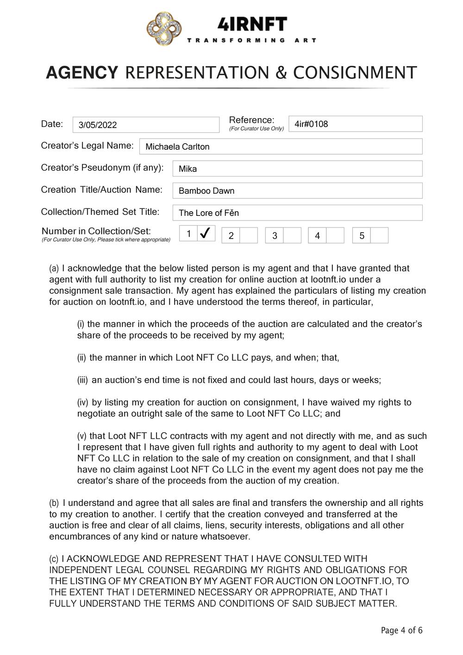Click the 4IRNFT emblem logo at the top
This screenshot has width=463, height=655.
(164, 30)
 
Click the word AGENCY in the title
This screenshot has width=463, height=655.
(82, 73)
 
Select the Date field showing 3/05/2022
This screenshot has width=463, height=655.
(146, 125)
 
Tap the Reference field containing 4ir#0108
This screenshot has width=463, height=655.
(355, 124)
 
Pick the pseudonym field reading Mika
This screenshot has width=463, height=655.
(297, 169)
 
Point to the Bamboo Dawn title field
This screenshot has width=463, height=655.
(297, 190)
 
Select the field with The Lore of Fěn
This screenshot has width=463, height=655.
(297, 213)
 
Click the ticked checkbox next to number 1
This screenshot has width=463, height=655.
(206, 234)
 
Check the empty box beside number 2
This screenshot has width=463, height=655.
(249, 235)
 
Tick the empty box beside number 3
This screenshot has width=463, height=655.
(292, 235)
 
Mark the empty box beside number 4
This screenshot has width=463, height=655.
(335, 235)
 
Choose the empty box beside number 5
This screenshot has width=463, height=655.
(379, 235)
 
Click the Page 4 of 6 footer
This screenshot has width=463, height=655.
(401, 630)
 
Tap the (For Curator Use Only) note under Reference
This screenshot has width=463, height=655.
(257, 129)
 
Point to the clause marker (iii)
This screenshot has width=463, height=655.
(82, 380)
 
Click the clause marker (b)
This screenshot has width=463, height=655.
(54, 503)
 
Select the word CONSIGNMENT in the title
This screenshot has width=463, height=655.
(355, 73)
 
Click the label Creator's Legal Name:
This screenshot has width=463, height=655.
(87, 145)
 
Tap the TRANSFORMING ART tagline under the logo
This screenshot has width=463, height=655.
(252, 40)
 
